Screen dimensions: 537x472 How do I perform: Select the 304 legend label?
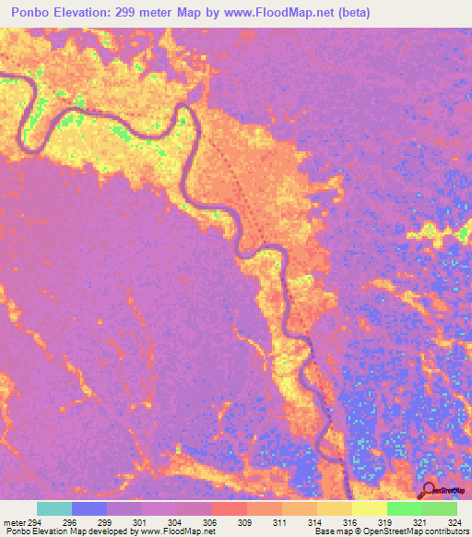coord(175,522)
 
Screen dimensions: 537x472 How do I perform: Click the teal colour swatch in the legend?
coord(54,508)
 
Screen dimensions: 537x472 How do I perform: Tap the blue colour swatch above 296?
coord(89,508)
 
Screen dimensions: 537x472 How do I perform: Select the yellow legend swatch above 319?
coord(370,508)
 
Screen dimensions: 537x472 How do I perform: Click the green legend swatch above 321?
coord(405,508)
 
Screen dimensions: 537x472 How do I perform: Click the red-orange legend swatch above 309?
coord(230,508)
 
